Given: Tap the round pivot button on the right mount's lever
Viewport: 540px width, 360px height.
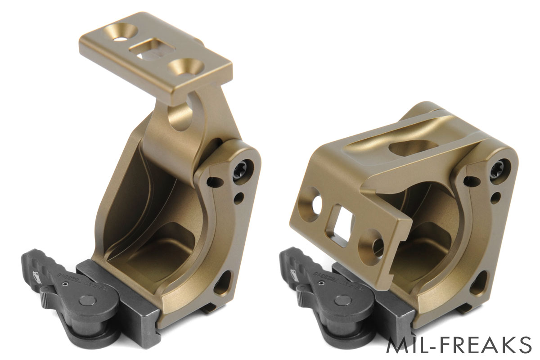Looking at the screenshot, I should [344, 301].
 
